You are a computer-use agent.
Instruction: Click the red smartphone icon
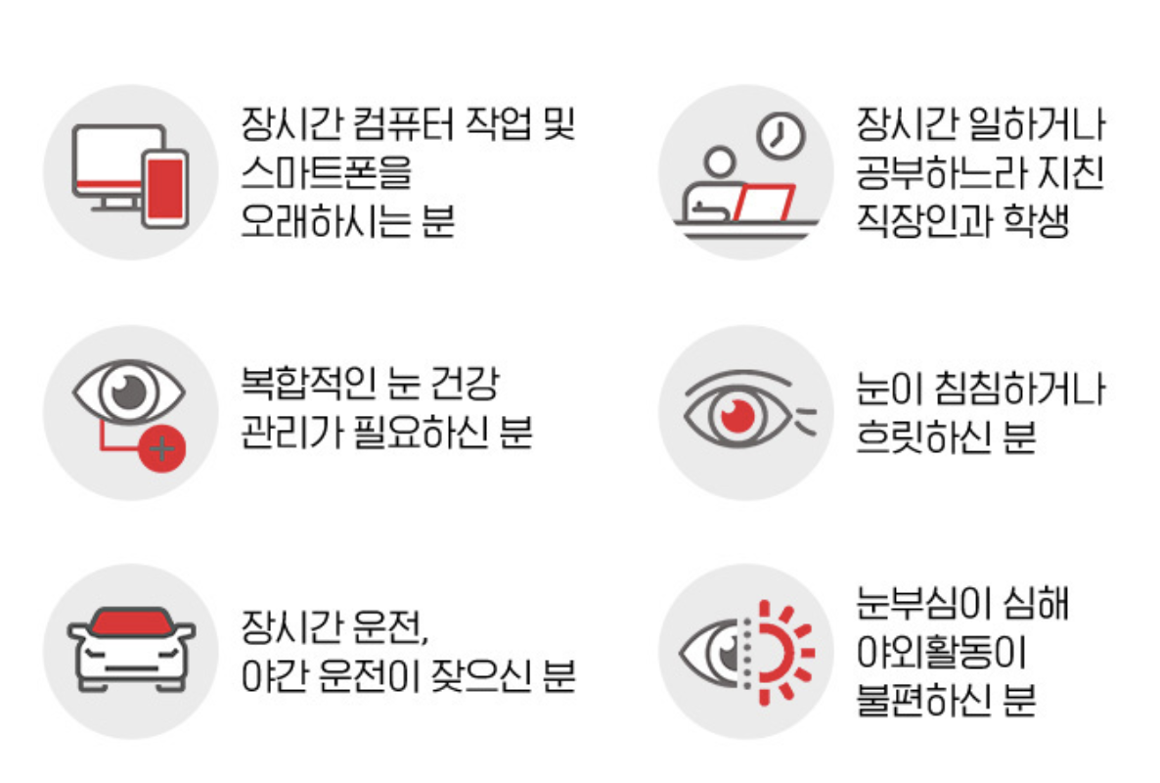pos(164,189)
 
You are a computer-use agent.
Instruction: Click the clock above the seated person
pos(781,136)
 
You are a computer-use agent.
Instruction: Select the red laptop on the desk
pos(764,203)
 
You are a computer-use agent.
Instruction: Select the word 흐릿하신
pos(921,437)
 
